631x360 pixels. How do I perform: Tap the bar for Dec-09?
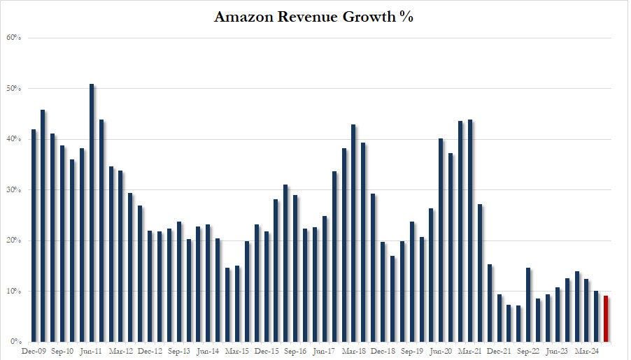[34, 236]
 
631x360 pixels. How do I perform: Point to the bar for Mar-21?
[470, 231]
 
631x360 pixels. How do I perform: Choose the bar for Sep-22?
[528, 305]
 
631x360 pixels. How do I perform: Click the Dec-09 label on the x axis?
[34, 351]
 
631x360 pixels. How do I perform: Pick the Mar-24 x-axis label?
[586, 351]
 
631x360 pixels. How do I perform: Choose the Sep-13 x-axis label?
[179, 351]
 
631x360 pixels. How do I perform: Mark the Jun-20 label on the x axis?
[441, 351]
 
